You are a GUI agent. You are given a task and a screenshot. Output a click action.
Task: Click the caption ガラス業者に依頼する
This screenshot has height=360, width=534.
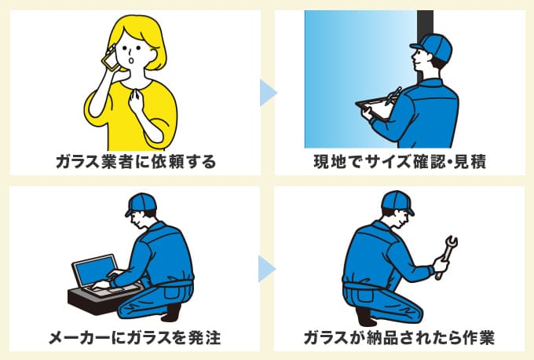coord(135,162)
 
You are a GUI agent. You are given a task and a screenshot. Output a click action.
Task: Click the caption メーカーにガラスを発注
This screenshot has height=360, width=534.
coord(134,338)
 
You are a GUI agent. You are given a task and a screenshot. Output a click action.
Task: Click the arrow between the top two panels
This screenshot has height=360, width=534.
coord(268,94)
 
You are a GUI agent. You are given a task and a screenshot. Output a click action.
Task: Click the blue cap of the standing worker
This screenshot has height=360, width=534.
coord(437,46)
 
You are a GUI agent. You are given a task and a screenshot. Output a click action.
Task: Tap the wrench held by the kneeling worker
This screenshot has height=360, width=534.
coord(447,255)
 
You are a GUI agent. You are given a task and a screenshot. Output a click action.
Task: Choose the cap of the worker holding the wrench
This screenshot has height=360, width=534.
coord(398,203)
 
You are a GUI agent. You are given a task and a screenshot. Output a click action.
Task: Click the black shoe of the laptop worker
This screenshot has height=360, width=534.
coord(174,312)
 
